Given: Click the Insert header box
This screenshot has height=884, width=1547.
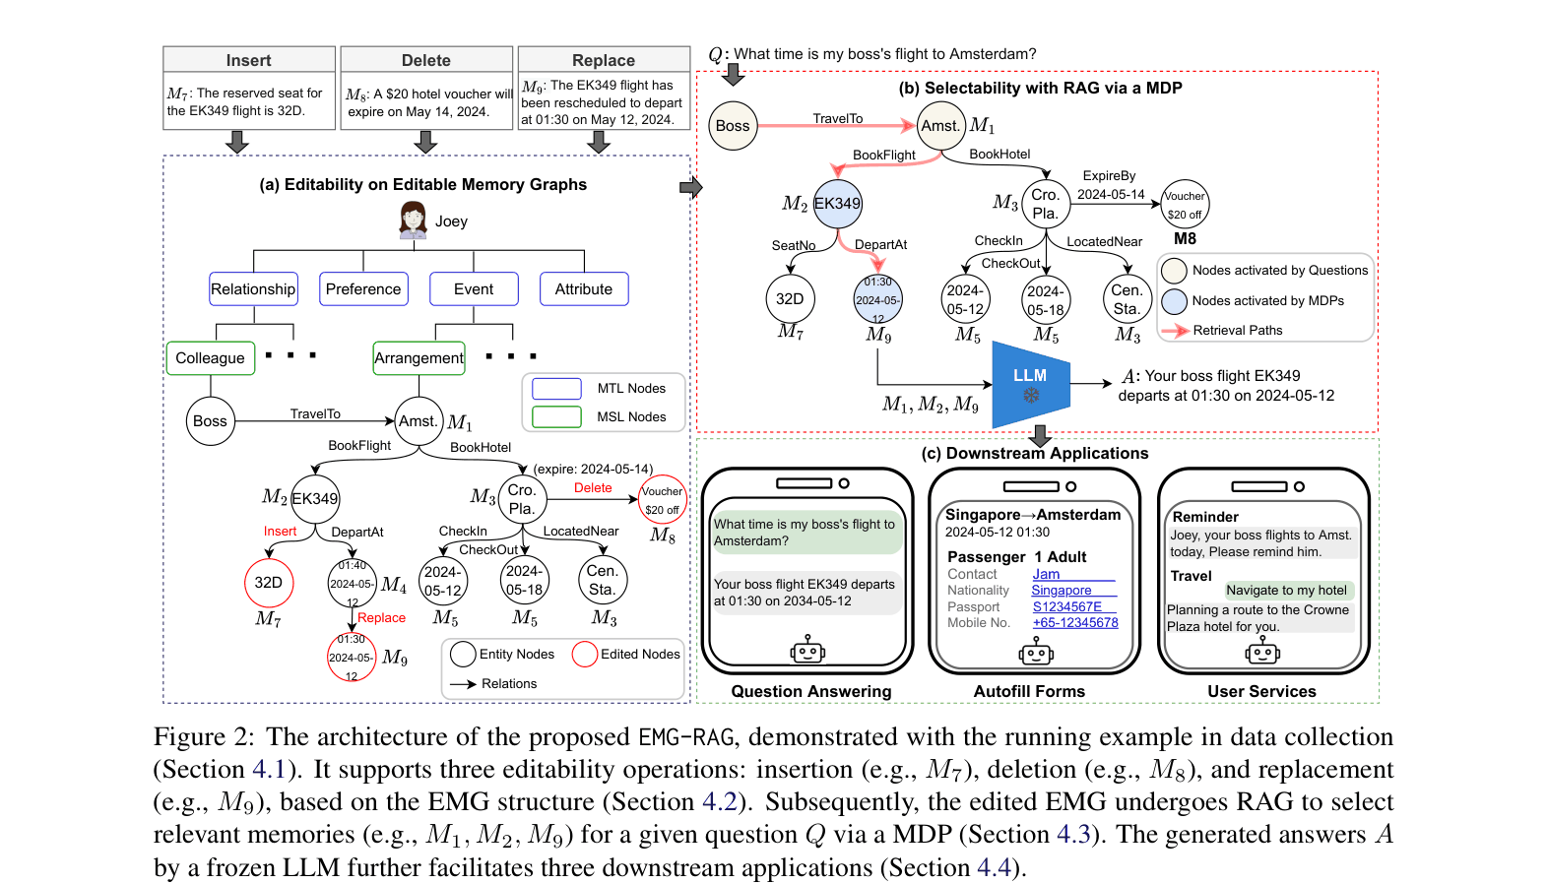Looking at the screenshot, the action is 248,59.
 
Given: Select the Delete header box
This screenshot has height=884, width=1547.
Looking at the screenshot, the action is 426,59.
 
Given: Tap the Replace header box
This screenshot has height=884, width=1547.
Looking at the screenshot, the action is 604,59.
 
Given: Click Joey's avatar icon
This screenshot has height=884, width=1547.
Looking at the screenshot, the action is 413,221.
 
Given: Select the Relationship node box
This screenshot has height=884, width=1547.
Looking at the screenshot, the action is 253,288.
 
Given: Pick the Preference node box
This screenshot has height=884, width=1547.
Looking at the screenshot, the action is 363,288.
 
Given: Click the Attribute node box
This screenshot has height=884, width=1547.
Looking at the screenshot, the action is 584,288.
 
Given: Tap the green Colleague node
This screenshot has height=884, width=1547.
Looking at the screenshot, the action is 211,358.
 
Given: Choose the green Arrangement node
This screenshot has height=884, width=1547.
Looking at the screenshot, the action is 419,358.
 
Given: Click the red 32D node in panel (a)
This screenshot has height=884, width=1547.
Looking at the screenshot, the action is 269,583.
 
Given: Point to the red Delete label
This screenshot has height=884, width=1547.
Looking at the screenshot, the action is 593,487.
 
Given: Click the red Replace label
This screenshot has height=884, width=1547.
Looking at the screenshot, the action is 381,617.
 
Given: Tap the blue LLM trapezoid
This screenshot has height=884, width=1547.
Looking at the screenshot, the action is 1030,384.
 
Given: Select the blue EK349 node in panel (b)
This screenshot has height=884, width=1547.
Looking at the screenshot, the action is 837,204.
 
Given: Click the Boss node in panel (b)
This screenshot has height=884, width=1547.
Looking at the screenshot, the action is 733,126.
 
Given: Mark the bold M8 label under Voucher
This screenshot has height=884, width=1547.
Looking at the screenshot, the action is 1185,239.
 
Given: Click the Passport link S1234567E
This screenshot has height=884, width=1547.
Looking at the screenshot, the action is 1067,606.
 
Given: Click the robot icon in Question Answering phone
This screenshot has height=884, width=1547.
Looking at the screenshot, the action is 807,649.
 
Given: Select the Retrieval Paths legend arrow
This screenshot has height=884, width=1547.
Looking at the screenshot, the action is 1175,331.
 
